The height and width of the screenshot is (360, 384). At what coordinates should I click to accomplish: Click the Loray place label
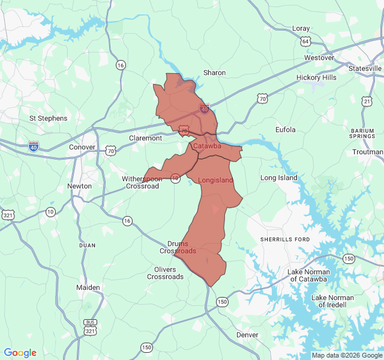pos(301,28)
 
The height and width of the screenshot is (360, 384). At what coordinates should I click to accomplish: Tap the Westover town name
pos(319,58)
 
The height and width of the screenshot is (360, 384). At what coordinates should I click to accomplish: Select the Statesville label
pos(365,68)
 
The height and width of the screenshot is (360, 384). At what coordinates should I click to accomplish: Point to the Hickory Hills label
pos(316,78)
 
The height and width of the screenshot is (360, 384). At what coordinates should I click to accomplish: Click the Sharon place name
pos(214,73)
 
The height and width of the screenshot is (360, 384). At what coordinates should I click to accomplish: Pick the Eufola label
pos(286,130)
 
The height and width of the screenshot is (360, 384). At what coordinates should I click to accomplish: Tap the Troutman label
pos(368,152)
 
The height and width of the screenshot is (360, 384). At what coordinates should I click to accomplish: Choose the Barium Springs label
pos(367,134)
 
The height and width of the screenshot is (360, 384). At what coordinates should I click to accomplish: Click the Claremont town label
pos(145,138)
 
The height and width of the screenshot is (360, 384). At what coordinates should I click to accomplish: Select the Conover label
pos(82,147)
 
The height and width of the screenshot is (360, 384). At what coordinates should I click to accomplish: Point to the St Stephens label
pos(49,118)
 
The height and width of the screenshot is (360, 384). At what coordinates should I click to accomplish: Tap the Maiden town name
pos(88,287)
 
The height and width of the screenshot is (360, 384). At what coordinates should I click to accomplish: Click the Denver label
pos(247,335)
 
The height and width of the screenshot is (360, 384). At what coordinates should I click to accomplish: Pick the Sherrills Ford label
pos(285,239)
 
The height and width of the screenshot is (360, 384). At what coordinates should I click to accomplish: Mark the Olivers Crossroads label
pos(165,273)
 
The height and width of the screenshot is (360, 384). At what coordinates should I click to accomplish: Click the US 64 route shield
pos(306,41)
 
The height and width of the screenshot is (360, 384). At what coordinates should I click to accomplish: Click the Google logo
pos(20,353)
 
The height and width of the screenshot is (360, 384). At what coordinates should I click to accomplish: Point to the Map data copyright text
pos(347,355)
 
